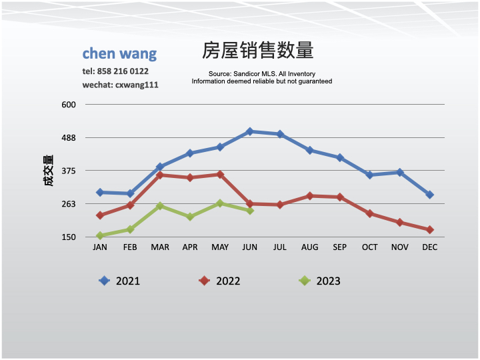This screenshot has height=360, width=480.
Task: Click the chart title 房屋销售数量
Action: point(257,51)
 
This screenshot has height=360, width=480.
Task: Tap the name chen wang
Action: point(119,53)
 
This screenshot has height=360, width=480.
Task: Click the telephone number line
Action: point(115,71)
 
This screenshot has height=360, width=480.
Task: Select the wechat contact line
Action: point(120,85)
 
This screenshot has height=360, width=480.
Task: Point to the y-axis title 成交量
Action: point(48,171)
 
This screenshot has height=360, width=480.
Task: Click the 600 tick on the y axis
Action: point(70,105)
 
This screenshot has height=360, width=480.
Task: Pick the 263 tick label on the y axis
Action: point(70,204)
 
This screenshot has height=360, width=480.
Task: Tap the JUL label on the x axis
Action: point(279,247)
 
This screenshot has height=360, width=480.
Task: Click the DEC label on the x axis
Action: point(429,247)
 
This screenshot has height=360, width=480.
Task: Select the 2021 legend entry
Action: point(120,281)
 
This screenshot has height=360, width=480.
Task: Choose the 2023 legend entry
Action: point(320,281)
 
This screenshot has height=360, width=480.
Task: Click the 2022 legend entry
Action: point(220,281)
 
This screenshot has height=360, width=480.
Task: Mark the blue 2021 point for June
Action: point(250,131)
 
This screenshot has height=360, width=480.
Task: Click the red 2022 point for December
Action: point(430,230)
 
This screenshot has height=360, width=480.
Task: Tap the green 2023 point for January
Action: point(100,235)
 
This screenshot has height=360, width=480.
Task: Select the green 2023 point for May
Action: point(220,203)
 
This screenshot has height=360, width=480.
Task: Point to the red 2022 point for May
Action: point(220,175)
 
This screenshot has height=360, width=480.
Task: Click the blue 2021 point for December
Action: point(430,195)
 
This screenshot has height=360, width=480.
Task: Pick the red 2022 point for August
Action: point(310,196)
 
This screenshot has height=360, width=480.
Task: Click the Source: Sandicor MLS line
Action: point(261,74)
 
